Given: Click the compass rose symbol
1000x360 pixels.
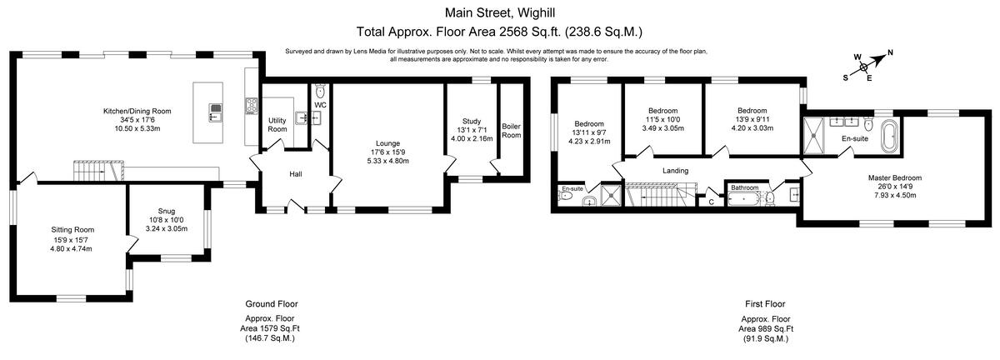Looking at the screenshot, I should tap(864, 65).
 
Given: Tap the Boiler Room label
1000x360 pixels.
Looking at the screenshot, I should tap(511, 131).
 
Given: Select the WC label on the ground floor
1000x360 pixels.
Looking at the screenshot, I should tap(321, 105).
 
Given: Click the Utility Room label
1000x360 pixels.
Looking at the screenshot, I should tap(277, 125).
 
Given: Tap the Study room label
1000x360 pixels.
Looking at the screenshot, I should tap(472, 122).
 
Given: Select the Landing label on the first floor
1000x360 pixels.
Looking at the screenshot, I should tap(675, 171).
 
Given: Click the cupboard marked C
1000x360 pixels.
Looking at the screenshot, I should tap(711, 201).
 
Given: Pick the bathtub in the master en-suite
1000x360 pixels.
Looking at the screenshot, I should tap(889, 135).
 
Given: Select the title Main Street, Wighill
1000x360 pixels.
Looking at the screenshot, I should tap(499, 12).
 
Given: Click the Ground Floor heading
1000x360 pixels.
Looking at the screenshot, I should tap(271, 304).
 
